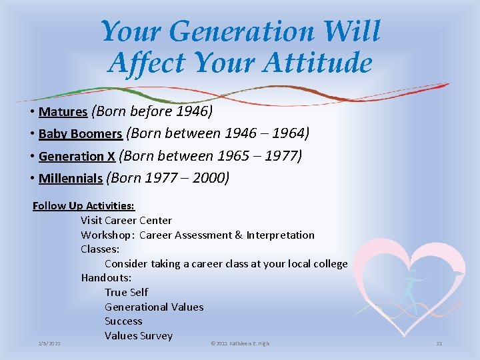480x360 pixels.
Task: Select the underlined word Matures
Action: click(x=63, y=111)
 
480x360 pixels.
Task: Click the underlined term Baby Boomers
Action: click(x=80, y=134)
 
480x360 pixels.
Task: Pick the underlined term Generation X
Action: click(x=77, y=157)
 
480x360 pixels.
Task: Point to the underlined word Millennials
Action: click(x=70, y=179)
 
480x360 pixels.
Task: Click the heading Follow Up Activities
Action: click(x=83, y=206)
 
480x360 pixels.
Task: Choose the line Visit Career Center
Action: click(x=126, y=221)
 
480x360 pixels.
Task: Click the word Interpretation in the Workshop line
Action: click(x=280, y=235)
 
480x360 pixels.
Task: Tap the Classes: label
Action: click(x=100, y=249)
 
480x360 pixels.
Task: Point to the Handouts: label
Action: click(x=106, y=278)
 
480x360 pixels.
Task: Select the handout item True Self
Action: click(x=126, y=293)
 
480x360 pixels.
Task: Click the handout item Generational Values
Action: click(x=154, y=307)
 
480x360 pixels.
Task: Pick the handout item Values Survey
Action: click(x=138, y=336)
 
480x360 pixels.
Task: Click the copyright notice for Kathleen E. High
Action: click(x=239, y=343)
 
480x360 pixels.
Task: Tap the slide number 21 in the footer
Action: click(x=439, y=343)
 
